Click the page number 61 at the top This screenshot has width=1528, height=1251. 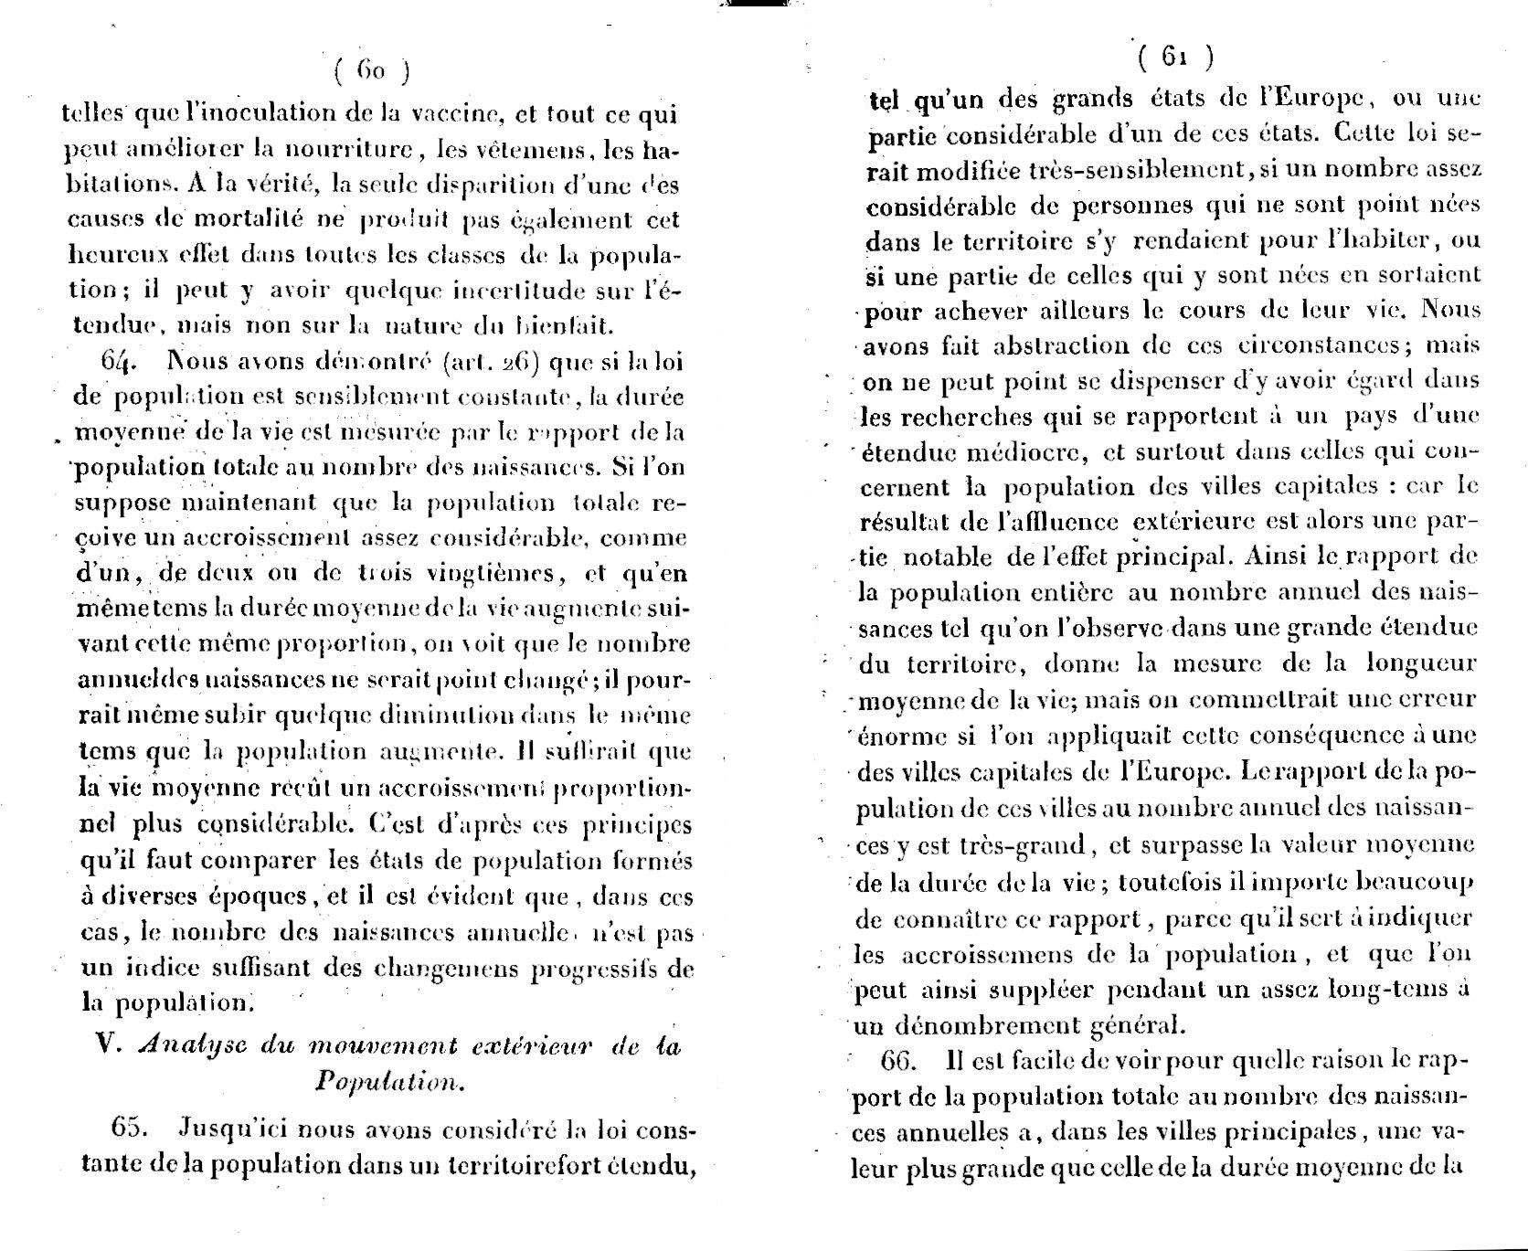pos(1176,58)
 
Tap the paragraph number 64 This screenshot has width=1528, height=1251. pos(119,361)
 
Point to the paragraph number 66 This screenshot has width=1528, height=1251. pos(901,1063)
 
